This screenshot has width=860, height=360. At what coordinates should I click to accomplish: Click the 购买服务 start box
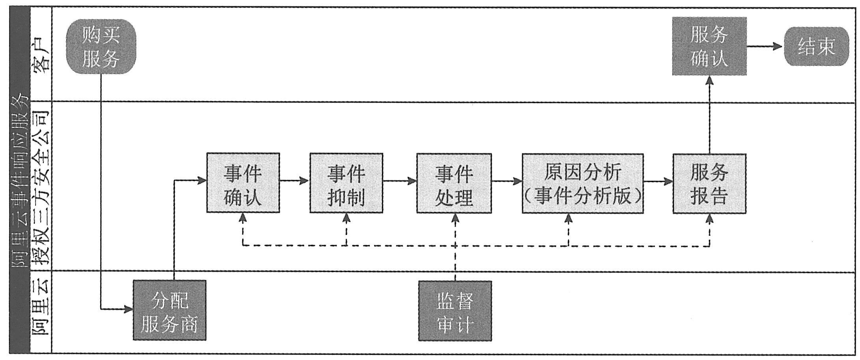(101, 47)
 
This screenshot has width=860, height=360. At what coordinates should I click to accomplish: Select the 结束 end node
(816, 47)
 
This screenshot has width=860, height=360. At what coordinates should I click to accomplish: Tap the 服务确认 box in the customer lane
(709, 47)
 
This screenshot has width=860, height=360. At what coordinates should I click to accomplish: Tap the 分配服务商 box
(169, 310)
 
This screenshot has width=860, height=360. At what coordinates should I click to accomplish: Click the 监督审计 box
(455, 311)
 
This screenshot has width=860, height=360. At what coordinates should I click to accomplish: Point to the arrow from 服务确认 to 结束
(765, 47)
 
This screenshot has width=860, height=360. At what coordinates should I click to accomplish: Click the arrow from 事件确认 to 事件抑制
(295, 181)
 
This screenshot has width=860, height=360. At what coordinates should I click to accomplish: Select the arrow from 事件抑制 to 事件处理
(399, 181)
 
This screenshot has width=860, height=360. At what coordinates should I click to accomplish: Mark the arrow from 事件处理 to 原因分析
(507, 181)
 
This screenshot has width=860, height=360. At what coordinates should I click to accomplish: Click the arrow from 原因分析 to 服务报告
(658, 181)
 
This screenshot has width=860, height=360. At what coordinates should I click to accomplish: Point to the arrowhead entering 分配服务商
(129, 310)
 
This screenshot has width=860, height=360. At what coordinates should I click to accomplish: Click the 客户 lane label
(41, 56)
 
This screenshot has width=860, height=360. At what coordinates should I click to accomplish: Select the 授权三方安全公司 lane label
(41, 187)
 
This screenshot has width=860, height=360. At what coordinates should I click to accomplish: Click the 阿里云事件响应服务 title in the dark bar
(20, 181)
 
